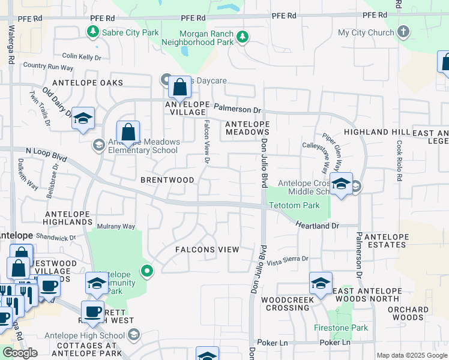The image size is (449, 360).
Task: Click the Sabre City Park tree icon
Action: [93, 32]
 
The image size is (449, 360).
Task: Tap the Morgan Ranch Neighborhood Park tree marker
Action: [242, 37]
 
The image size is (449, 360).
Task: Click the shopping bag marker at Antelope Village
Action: [179, 88]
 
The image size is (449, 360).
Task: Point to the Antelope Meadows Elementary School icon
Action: [98, 145]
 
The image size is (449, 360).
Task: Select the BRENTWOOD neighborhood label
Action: [167, 180]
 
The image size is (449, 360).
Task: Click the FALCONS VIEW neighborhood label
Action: [206, 250]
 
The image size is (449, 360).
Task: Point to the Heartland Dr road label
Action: [317, 225]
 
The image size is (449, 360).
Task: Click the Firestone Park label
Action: [340, 328]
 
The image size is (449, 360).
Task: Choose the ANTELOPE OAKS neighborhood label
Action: [88, 83]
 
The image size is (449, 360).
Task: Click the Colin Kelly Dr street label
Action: [82, 57]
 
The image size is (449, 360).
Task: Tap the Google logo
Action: [20, 353]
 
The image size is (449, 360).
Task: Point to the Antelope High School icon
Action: [135, 334]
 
